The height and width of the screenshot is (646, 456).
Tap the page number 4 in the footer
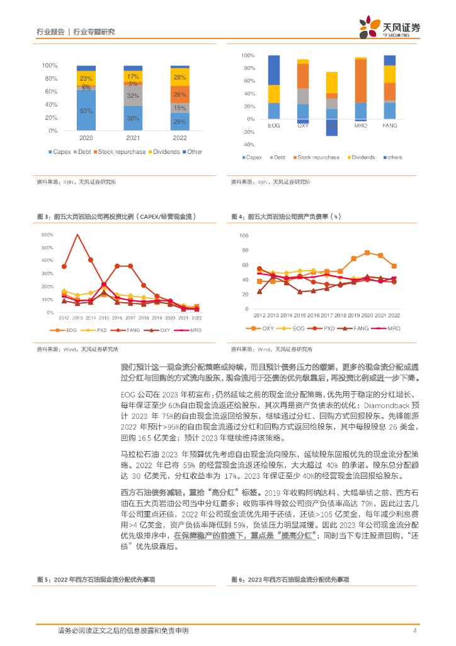(x=415, y=630)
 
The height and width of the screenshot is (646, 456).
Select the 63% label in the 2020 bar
(x=86, y=111)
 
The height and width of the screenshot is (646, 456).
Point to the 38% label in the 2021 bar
(x=133, y=119)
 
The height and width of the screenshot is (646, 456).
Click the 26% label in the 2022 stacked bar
(x=180, y=95)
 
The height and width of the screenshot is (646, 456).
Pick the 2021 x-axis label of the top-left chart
(x=133, y=137)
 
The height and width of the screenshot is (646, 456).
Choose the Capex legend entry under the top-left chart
(x=60, y=152)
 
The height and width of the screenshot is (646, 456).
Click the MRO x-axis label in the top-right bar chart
(x=360, y=126)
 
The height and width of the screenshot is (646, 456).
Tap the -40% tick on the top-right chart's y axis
(x=248, y=144)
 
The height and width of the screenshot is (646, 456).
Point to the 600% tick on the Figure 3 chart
(x=47, y=235)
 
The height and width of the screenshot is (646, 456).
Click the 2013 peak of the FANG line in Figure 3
(x=77, y=235)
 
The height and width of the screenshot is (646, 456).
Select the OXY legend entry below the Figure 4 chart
(x=265, y=329)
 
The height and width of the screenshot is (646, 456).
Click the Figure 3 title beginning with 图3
(x=117, y=217)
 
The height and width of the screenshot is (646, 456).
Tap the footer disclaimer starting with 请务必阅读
(x=123, y=630)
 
